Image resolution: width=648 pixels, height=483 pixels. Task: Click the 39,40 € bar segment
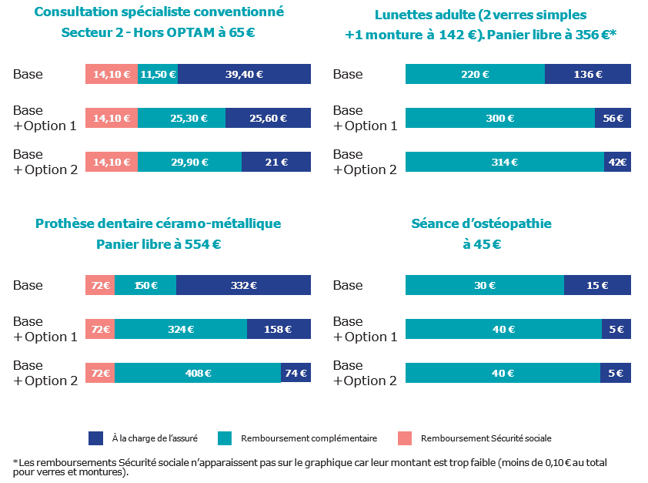(244, 75)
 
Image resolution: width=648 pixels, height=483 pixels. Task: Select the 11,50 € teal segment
(158, 75)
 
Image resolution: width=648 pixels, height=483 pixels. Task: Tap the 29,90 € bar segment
(189, 163)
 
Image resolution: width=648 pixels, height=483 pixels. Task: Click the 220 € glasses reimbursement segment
(475, 75)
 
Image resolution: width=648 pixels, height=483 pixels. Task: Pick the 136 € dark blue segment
(588, 75)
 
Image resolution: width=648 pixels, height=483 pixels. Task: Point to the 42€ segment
(618, 163)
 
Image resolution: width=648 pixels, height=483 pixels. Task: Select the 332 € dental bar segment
(243, 285)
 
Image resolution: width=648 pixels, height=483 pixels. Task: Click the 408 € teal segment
(198, 374)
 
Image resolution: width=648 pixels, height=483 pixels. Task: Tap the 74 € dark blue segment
(296, 374)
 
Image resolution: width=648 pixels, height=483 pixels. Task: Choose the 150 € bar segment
(145, 285)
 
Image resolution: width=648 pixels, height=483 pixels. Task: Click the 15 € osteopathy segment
(597, 285)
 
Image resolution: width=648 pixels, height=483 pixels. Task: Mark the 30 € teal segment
(485, 285)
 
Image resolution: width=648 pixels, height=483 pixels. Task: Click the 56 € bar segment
(613, 119)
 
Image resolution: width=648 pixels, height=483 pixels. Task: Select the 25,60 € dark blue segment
(268, 119)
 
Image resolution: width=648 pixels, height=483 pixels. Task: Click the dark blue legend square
(96, 438)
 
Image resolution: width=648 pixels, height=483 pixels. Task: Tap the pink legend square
(405, 438)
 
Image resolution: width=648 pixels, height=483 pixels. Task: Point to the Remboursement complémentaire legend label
(309, 438)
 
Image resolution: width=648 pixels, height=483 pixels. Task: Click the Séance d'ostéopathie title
(481, 224)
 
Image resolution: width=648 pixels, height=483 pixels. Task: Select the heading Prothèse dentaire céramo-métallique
(159, 224)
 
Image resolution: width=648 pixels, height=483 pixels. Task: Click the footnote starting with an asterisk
(308, 467)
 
